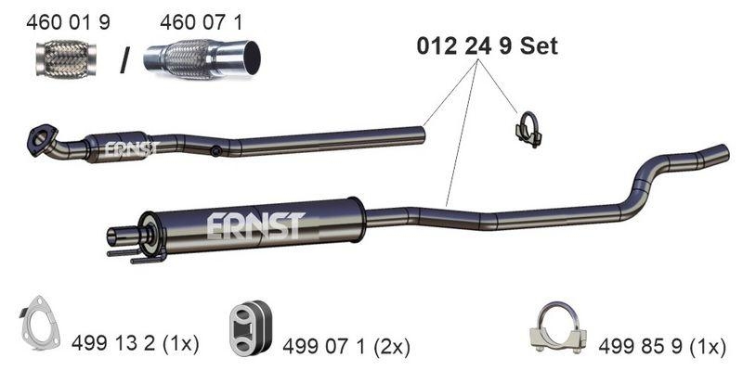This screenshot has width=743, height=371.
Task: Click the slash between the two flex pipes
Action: click(124, 61)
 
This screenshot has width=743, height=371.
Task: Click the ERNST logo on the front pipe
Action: click(131, 148)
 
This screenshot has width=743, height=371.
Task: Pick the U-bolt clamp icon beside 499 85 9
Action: click(554, 328)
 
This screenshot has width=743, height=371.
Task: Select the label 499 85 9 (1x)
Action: click(661, 346)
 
